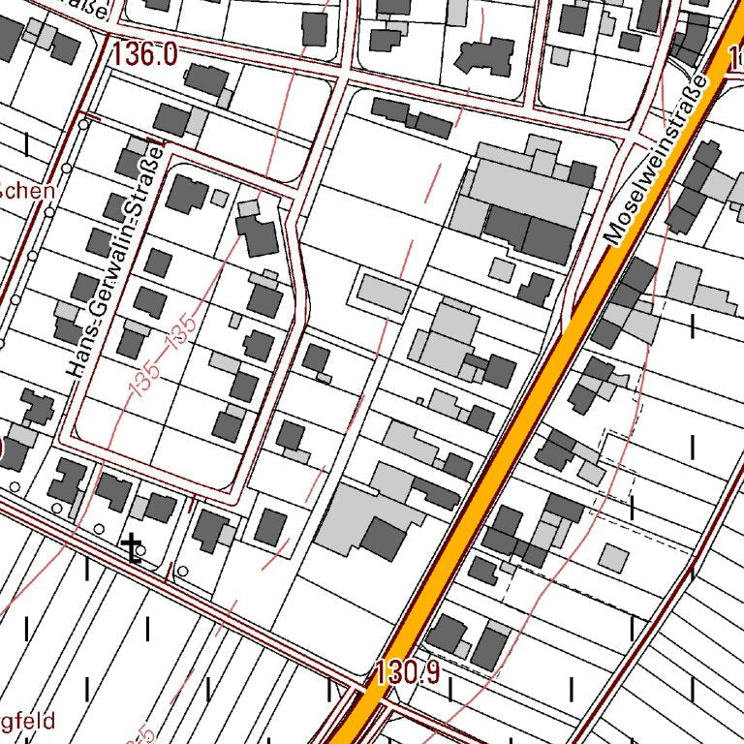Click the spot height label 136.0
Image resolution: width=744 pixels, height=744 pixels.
(x=145, y=55)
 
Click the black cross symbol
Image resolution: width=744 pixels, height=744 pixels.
(x=131, y=547)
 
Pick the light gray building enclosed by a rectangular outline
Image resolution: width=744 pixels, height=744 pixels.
(x=383, y=294)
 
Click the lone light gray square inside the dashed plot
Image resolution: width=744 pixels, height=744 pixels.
(x=612, y=557)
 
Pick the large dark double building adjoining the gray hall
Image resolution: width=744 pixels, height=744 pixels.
(x=529, y=233)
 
